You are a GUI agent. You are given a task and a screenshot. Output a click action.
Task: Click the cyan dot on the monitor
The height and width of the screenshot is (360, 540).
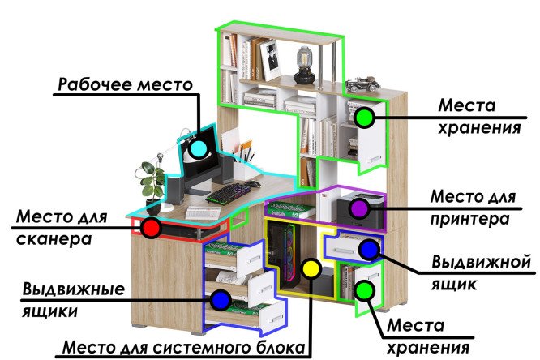198,149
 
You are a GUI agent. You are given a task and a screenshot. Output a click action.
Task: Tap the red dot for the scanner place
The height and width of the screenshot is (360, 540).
151,228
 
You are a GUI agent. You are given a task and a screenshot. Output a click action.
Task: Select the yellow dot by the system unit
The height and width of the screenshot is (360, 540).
311,268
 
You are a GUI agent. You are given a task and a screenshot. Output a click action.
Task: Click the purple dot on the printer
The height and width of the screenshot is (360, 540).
359,208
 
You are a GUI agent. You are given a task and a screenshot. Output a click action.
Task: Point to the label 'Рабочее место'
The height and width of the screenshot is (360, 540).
126,84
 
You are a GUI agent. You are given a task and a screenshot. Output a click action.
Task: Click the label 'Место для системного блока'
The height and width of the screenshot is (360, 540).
184,347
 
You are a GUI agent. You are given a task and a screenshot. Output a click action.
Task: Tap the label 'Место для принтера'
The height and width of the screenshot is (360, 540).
473,208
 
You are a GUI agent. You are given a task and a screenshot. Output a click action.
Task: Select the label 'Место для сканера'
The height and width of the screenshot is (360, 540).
62,228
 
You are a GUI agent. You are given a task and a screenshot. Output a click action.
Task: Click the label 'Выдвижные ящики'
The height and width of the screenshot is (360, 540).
73,300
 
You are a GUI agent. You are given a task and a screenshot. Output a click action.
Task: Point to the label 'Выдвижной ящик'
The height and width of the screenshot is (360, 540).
481,273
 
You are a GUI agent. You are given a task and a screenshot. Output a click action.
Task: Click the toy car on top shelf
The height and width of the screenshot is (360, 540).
362,84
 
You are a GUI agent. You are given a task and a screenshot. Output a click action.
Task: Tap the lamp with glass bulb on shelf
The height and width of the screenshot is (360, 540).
304,66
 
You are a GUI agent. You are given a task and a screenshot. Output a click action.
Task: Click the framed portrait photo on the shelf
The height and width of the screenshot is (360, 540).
270,59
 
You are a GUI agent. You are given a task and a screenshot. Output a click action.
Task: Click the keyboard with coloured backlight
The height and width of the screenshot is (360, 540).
229,193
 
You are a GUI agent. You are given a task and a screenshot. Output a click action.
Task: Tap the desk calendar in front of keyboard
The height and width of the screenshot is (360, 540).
203,212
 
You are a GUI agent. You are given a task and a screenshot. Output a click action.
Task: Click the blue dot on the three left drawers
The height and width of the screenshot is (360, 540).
221,300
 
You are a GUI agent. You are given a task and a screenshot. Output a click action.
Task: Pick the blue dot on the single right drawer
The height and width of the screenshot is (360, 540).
369,250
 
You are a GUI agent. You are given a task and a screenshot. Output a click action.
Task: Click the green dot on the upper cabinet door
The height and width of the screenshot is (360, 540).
364,118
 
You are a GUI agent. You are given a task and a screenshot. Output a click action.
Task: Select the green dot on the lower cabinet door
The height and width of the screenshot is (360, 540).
364,291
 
